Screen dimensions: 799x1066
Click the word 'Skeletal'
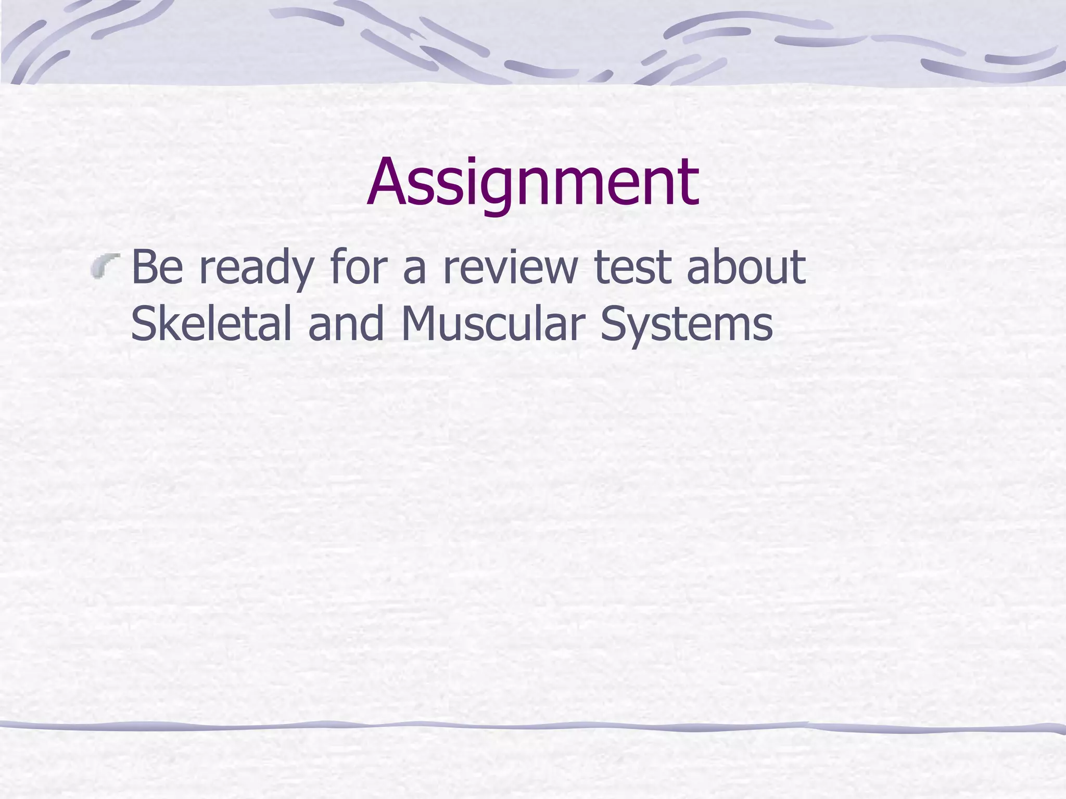(x=211, y=324)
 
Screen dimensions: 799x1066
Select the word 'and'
(x=346, y=324)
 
